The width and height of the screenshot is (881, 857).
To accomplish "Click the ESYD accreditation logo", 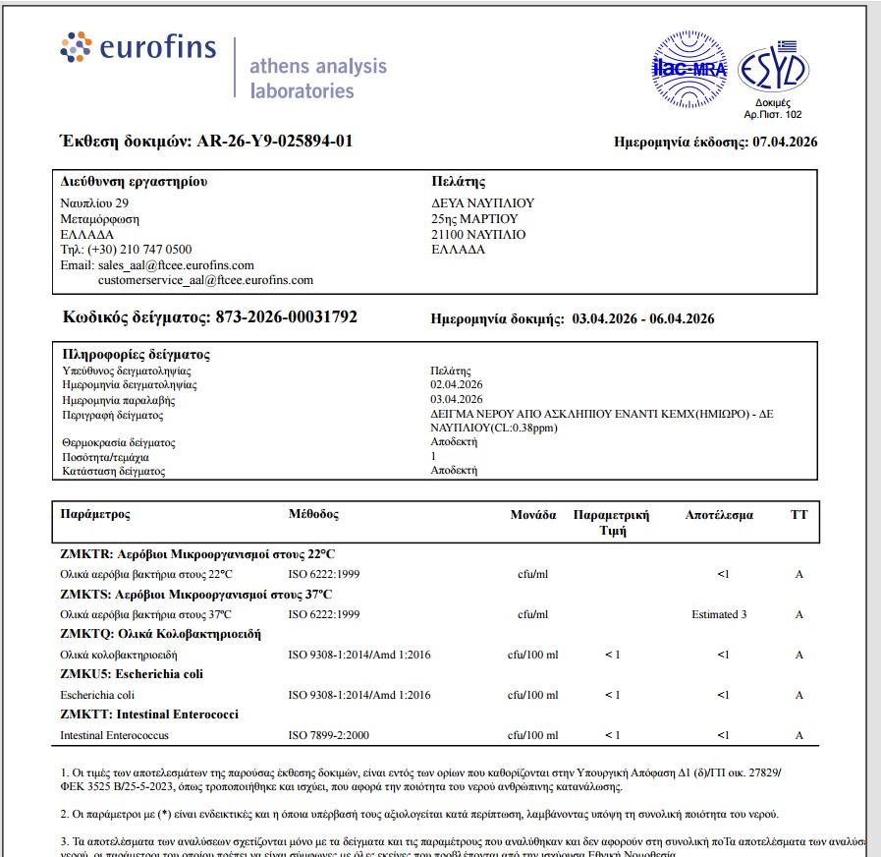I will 772,68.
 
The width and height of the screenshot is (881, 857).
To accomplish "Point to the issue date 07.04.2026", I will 785,143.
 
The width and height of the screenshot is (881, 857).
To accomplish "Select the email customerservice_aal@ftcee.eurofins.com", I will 205,280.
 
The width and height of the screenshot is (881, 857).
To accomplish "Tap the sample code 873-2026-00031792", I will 281,317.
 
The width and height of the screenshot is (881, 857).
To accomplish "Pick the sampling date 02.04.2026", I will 457,384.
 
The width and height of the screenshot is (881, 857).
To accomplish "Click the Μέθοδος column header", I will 313,514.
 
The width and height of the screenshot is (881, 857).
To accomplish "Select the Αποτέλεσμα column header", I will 719,514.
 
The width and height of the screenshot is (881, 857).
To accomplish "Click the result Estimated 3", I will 719,614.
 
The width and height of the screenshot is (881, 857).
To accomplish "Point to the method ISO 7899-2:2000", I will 329,735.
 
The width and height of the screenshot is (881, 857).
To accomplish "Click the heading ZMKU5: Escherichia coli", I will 132,674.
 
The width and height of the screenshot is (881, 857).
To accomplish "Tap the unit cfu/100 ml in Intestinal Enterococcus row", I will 532,735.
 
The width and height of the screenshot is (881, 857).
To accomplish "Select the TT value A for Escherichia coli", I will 799,695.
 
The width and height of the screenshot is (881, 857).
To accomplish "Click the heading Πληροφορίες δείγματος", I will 136,355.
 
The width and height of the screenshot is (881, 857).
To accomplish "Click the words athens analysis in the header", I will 318,67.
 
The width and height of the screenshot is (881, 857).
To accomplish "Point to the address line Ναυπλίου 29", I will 87,203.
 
